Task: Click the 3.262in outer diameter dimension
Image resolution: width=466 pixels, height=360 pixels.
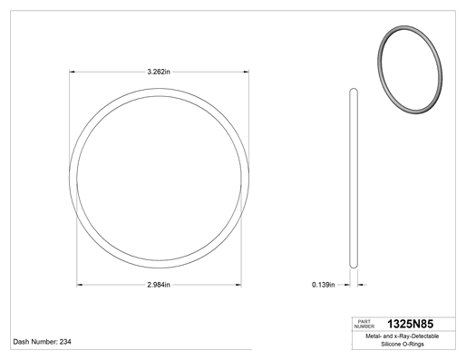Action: click(159, 72)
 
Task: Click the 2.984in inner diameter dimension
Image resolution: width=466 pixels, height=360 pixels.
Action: click(159, 285)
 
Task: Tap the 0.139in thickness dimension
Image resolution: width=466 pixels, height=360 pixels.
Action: click(324, 285)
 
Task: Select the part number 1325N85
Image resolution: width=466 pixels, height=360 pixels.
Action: click(410, 324)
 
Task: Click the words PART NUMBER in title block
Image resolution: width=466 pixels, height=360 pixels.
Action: click(364, 324)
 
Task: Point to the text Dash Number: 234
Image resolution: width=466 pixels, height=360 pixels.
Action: click(43, 342)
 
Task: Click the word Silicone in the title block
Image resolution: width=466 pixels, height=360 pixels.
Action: click(390, 344)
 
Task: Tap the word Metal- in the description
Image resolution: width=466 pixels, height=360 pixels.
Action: click(374, 336)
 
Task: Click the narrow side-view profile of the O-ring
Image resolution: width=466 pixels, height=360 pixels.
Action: click(354, 179)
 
